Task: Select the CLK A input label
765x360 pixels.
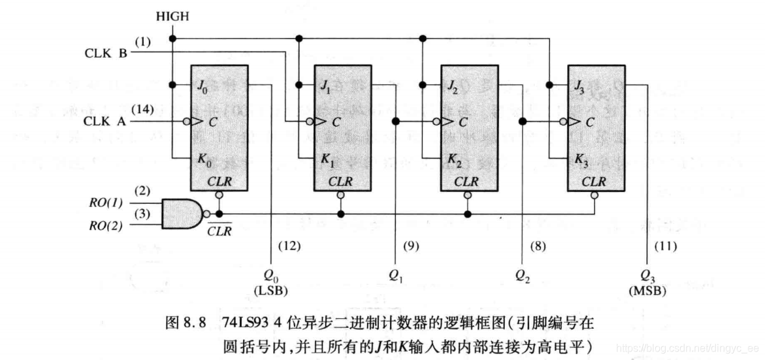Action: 105,122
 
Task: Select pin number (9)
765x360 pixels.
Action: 411,247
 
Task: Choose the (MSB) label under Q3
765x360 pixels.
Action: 647,290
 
